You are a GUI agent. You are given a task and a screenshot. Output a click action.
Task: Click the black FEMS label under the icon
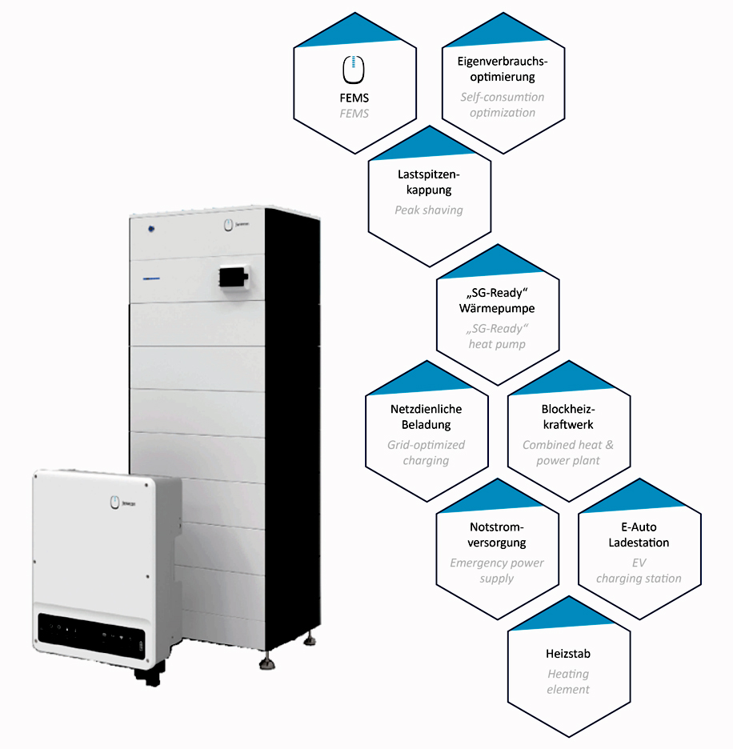[x=354, y=98]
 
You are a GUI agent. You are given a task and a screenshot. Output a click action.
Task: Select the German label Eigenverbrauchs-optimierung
[x=502, y=70]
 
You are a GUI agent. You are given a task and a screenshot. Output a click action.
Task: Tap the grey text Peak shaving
[x=428, y=210]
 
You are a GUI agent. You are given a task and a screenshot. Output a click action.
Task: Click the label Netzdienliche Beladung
[x=427, y=417]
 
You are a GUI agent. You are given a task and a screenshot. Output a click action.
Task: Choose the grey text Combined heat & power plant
[x=568, y=452]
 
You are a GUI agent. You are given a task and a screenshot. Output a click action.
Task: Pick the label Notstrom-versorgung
[x=497, y=535]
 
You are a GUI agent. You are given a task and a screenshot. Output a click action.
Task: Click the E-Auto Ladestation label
[x=639, y=535]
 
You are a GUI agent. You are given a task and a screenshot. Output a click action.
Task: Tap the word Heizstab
[x=568, y=654]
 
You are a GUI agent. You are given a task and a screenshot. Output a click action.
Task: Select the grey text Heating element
[x=568, y=682]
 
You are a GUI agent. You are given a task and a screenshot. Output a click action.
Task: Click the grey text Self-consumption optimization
[x=502, y=105]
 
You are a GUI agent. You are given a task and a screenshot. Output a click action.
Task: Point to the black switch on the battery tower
[x=233, y=276]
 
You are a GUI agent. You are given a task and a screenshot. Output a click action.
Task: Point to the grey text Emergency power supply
[x=497, y=571]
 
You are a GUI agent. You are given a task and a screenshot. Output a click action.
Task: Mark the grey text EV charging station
[x=639, y=571]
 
